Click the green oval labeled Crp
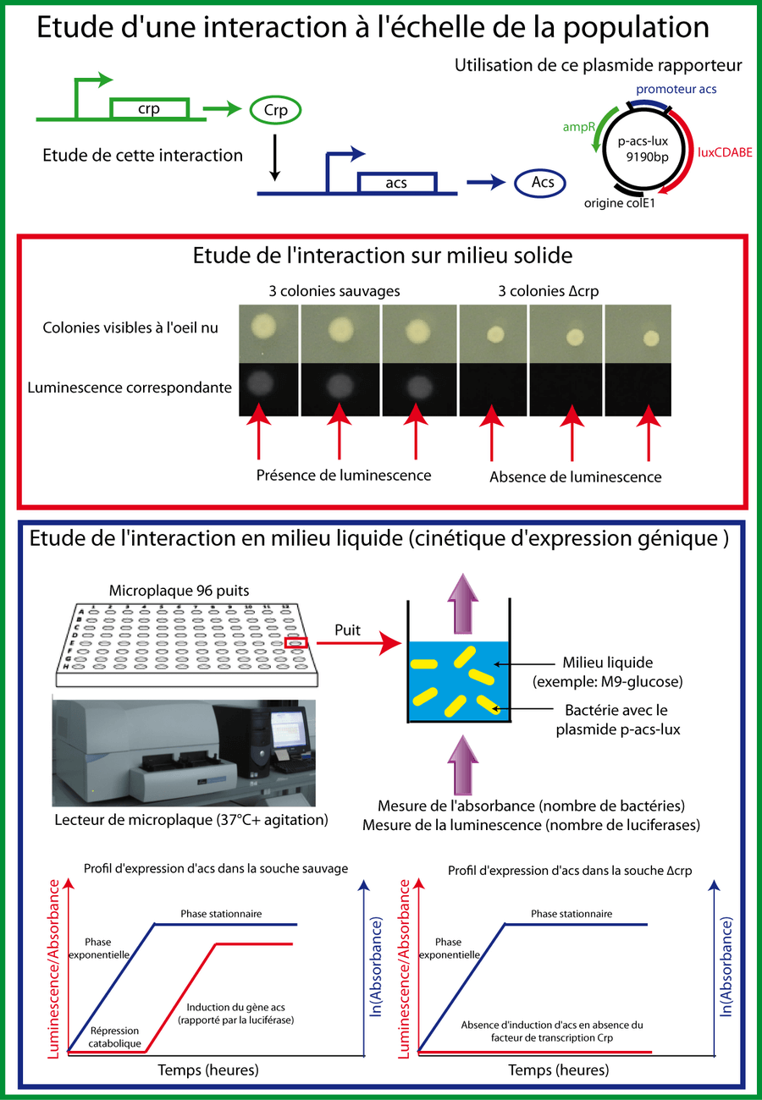[275, 111]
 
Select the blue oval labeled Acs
[540, 183]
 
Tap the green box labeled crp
[148, 108]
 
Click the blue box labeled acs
[396, 183]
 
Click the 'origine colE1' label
[620, 204]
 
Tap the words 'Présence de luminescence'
[344, 475]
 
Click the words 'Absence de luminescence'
[575, 476]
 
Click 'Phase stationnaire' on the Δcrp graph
[571, 914]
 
